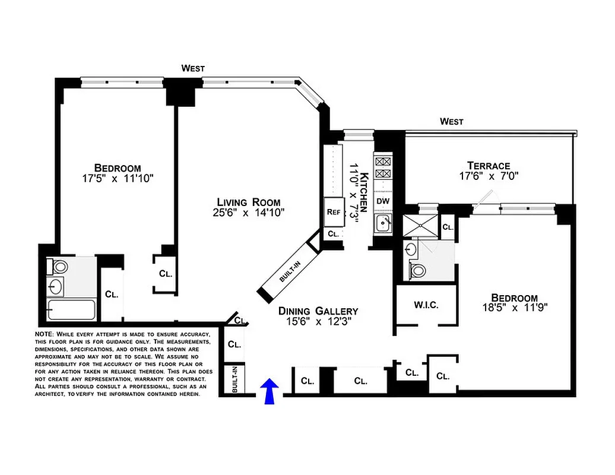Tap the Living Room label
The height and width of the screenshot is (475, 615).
click(248, 201)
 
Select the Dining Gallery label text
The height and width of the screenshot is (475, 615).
click(319, 311)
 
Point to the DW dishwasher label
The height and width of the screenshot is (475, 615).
click(383, 201)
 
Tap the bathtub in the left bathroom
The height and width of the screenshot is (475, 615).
click(71, 310)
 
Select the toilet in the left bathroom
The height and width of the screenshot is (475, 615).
click(59, 266)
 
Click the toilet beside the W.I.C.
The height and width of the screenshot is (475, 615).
click(419, 271)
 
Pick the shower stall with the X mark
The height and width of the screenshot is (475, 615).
click(419, 226)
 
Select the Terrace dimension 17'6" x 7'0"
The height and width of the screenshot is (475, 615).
click(489, 177)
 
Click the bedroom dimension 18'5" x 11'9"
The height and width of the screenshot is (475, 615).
click(514, 308)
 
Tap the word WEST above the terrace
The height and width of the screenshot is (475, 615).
click(451, 122)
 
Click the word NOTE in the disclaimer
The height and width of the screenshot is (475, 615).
click(45, 335)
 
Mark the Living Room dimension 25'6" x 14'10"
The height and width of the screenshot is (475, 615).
click(248, 213)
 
